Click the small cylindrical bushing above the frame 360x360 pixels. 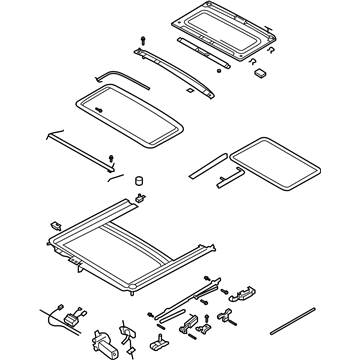138,181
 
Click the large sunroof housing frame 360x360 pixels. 130,250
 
